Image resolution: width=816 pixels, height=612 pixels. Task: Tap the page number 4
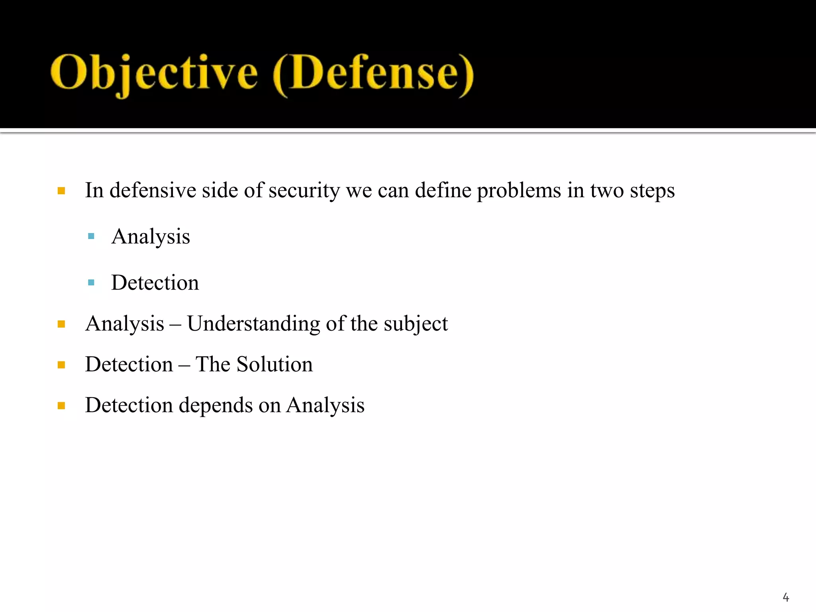tap(786, 597)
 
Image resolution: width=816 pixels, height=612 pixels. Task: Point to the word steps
tap(652, 191)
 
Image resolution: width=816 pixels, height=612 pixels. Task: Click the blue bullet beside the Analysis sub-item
tap(91, 236)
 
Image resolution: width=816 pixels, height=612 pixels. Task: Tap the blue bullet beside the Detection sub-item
tap(91, 282)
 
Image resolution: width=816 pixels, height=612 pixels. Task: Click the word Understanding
tap(253, 324)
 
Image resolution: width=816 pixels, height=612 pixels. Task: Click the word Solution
tap(275, 365)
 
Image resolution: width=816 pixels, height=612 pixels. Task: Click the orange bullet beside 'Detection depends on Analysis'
tap(61, 406)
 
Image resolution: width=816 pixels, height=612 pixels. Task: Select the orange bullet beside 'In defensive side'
tap(61, 191)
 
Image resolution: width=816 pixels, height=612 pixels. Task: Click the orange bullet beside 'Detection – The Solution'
tap(61, 365)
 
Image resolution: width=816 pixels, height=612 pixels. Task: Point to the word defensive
tap(153, 190)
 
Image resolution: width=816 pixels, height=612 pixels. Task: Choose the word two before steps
tap(607, 191)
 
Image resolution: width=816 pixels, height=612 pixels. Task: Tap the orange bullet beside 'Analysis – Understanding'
tap(61, 324)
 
